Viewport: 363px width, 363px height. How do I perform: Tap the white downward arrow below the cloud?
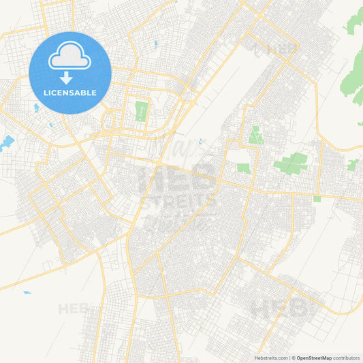67,78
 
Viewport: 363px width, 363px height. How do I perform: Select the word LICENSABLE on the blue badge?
70,92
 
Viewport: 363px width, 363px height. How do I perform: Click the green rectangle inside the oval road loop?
141,111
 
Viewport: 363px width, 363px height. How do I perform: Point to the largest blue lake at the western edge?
7,142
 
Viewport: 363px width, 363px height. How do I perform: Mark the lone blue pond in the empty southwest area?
27,293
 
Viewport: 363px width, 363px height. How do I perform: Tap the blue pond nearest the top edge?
156,44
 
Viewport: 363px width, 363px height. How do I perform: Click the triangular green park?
255,135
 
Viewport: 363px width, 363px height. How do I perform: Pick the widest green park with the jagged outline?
291,163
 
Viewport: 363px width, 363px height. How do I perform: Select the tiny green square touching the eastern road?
317,199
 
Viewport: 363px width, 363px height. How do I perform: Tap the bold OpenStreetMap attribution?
313,357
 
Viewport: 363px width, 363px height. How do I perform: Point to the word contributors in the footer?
347,357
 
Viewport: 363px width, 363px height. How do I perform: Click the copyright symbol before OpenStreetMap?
292,357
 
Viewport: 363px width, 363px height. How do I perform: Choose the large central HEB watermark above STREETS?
178,179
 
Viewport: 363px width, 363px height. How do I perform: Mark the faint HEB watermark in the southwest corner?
74,309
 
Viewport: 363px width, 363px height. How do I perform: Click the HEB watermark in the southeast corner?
279,308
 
